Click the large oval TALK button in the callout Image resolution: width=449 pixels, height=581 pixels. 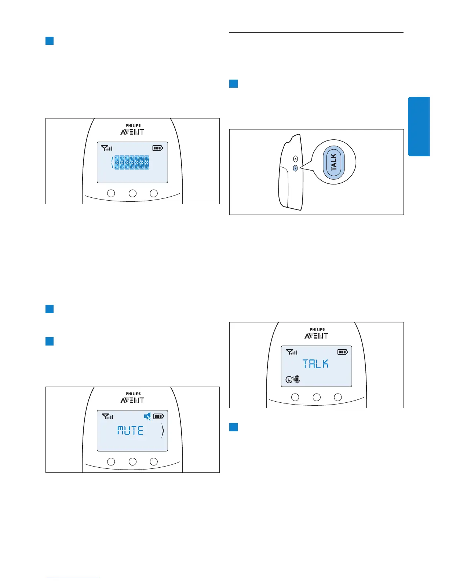point(333,162)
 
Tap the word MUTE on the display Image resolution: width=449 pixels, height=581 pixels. point(130,430)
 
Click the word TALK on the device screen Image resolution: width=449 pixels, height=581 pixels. point(315,364)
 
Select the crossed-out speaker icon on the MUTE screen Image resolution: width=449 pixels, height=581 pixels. point(147,416)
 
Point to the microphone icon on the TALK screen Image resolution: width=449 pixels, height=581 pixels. point(297,380)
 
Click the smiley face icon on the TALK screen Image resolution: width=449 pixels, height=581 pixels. point(289,380)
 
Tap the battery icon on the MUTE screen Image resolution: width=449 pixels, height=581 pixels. point(158,416)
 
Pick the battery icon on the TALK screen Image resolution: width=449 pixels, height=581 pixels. point(343,352)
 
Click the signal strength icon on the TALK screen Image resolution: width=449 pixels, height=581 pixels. point(292,352)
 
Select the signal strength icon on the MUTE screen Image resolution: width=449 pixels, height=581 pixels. point(107,416)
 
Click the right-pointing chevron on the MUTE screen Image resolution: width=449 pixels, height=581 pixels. point(163,431)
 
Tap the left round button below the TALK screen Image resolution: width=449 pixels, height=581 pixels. point(295,397)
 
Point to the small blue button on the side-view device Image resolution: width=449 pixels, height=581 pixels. point(296,168)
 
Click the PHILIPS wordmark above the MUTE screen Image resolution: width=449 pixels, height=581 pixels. point(133,394)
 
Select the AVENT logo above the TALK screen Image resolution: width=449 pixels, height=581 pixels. point(316,336)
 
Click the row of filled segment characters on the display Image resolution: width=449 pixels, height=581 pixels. point(131,162)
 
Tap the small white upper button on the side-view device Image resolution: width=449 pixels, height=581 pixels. point(296,159)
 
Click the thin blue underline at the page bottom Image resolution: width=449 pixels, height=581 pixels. point(73,578)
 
